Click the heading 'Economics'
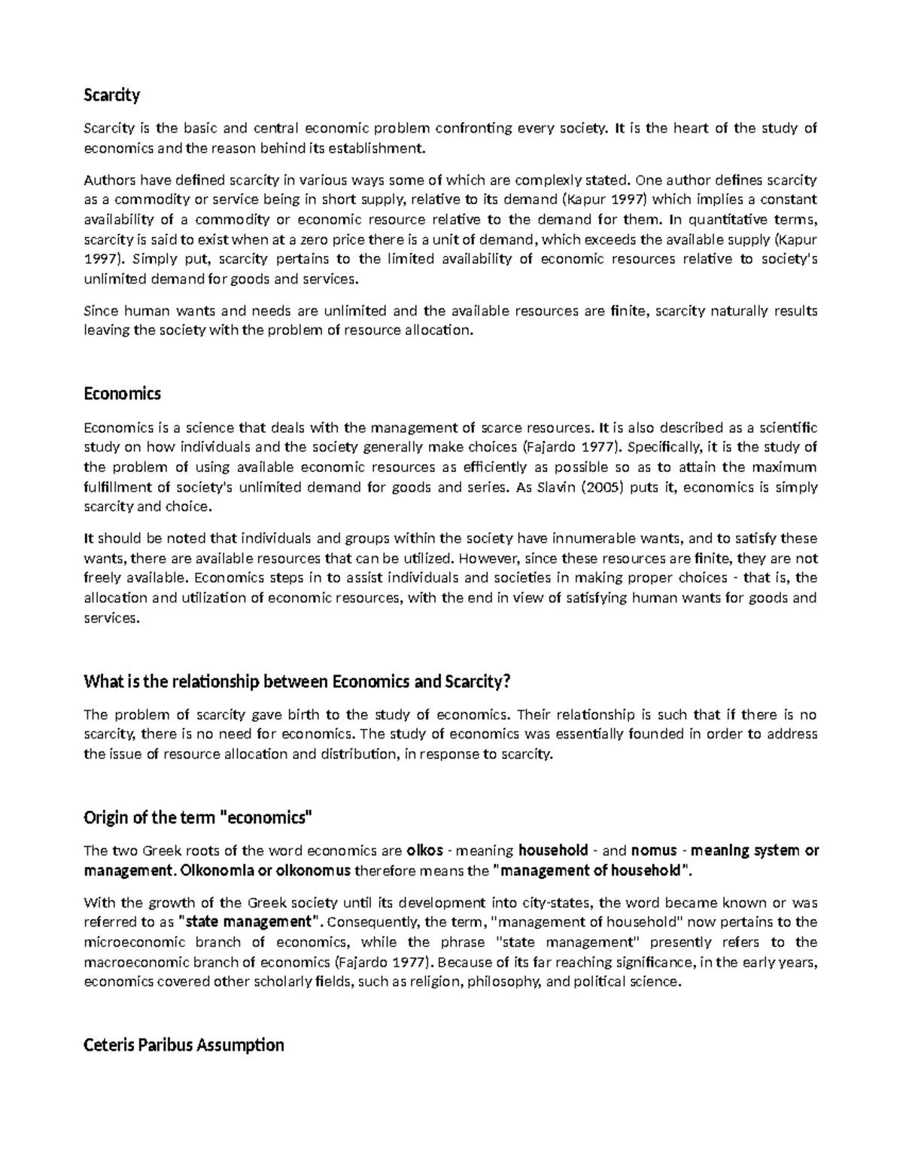click(x=122, y=394)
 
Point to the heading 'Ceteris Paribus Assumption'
click(x=184, y=1045)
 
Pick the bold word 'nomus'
click(x=654, y=851)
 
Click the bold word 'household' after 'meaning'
click(x=553, y=851)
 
